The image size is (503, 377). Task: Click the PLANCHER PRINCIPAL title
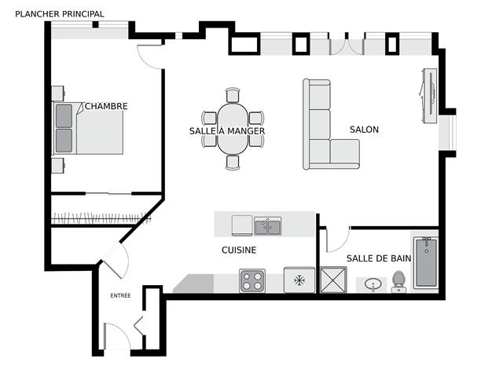[60, 14]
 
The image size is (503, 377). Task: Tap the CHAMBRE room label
[106, 106]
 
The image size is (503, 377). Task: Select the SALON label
[364, 130]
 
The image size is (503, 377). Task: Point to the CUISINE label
[239, 250]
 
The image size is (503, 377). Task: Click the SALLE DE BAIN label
[379, 258]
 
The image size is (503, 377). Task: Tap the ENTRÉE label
[120, 295]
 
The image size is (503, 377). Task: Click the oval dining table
[233, 129]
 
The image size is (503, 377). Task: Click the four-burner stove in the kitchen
[252, 281]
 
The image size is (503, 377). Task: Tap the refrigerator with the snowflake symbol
[299, 280]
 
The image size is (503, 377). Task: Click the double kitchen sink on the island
[268, 226]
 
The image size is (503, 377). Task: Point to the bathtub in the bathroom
[426, 263]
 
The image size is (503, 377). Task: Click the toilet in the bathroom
[398, 281]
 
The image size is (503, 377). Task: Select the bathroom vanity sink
[373, 284]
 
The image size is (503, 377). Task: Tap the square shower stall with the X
[333, 280]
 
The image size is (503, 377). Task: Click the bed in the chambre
[88, 128]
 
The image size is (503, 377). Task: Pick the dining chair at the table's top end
[233, 95]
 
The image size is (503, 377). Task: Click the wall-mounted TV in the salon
[429, 96]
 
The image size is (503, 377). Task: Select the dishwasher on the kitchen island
[242, 225]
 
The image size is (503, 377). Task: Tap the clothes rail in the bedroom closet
[101, 218]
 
